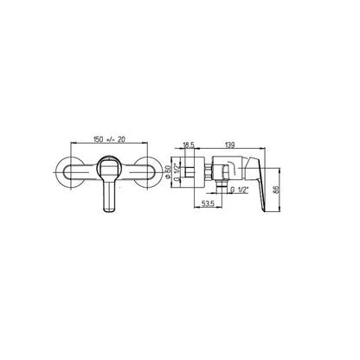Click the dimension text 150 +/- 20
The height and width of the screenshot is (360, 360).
point(109,139)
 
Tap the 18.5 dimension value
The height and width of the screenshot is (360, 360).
point(189,145)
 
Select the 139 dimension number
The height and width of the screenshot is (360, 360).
point(229,145)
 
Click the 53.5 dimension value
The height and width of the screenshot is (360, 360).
point(208,204)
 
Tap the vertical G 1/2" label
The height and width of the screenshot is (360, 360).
point(177,172)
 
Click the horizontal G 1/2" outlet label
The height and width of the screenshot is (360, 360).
point(240,190)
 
